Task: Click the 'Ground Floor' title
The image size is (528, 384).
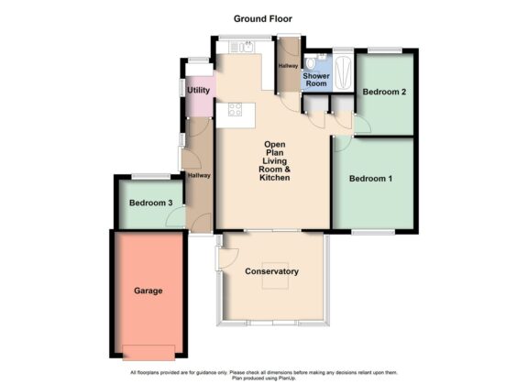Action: point(264,18)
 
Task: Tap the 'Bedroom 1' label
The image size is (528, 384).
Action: point(370,179)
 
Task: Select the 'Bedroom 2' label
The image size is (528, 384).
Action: point(384,93)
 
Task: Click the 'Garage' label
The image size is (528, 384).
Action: point(148,291)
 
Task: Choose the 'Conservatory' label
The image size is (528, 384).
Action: point(272,272)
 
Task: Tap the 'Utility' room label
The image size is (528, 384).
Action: point(199,90)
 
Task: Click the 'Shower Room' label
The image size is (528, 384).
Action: point(316,80)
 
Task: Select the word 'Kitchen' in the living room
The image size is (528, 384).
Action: point(275,178)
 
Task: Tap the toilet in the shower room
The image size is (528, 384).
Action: point(314,61)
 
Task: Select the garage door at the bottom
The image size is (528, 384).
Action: point(148,350)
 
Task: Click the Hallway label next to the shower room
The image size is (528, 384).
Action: point(288,66)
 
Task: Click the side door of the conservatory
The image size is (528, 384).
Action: point(217,258)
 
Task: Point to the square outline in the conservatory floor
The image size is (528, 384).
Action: point(273,285)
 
